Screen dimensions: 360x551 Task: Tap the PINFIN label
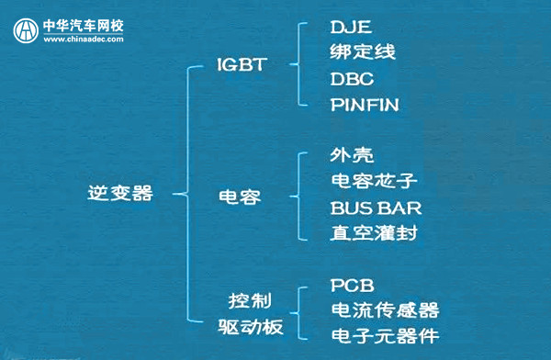tap(365, 105)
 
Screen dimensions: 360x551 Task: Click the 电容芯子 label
tap(375, 180)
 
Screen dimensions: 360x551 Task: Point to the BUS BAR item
tap(376, 207)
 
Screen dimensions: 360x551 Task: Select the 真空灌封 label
tap(375, 232)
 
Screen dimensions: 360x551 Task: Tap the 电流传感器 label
tap(385, 309)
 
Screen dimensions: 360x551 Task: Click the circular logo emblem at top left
tap(25, 30)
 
